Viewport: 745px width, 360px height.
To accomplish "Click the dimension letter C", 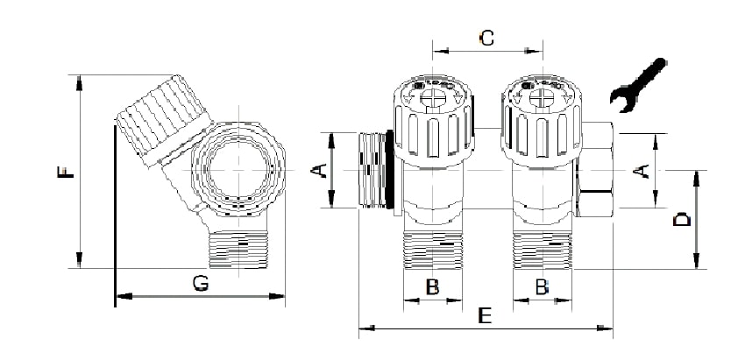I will coord(487,38).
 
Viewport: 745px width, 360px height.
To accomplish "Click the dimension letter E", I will coord(483,316).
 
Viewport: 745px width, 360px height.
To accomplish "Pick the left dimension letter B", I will coord(432,286).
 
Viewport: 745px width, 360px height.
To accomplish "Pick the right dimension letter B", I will coord(542,286).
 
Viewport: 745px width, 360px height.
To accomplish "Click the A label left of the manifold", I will coord(321,170).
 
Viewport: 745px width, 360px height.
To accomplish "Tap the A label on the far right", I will coord(642,170).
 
